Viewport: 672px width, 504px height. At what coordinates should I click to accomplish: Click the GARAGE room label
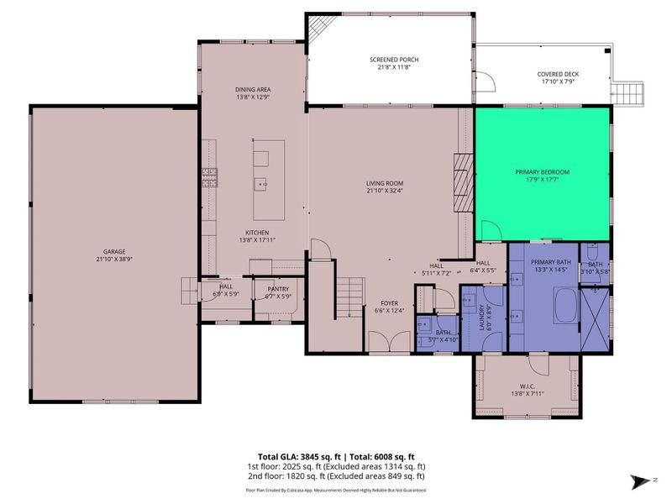(x=114, y=252)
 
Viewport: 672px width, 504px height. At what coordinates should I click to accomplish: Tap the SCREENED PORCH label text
(x=394, y=60)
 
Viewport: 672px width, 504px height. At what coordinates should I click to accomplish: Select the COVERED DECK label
(x=558, y=74)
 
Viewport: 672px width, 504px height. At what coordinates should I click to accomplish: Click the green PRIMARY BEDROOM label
(x=542, y=172)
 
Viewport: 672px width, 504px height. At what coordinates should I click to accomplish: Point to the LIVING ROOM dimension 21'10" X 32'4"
(x=384, y=191)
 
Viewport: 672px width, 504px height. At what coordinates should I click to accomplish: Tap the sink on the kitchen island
(x=261, y=183)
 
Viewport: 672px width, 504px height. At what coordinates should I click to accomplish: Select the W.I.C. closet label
(x=528, y=389)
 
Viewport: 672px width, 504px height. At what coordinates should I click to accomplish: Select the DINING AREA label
(x=252, y=89)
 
